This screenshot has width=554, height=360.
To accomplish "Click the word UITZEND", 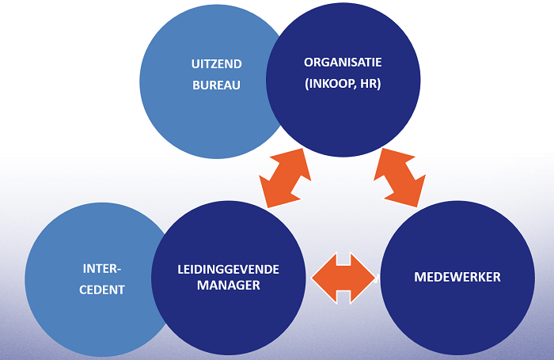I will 216,63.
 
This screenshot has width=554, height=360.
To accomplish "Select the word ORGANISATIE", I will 343,62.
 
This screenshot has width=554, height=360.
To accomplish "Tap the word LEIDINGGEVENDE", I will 228,269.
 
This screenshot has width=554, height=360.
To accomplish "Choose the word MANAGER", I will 228,286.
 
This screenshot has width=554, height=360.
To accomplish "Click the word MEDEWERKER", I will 457,277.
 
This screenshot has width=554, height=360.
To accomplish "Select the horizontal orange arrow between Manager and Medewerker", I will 343,277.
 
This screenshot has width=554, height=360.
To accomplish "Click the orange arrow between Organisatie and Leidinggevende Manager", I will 285,177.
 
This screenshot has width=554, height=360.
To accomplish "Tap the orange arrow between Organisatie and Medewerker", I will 400,176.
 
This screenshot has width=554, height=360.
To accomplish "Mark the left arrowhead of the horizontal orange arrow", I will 321,277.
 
